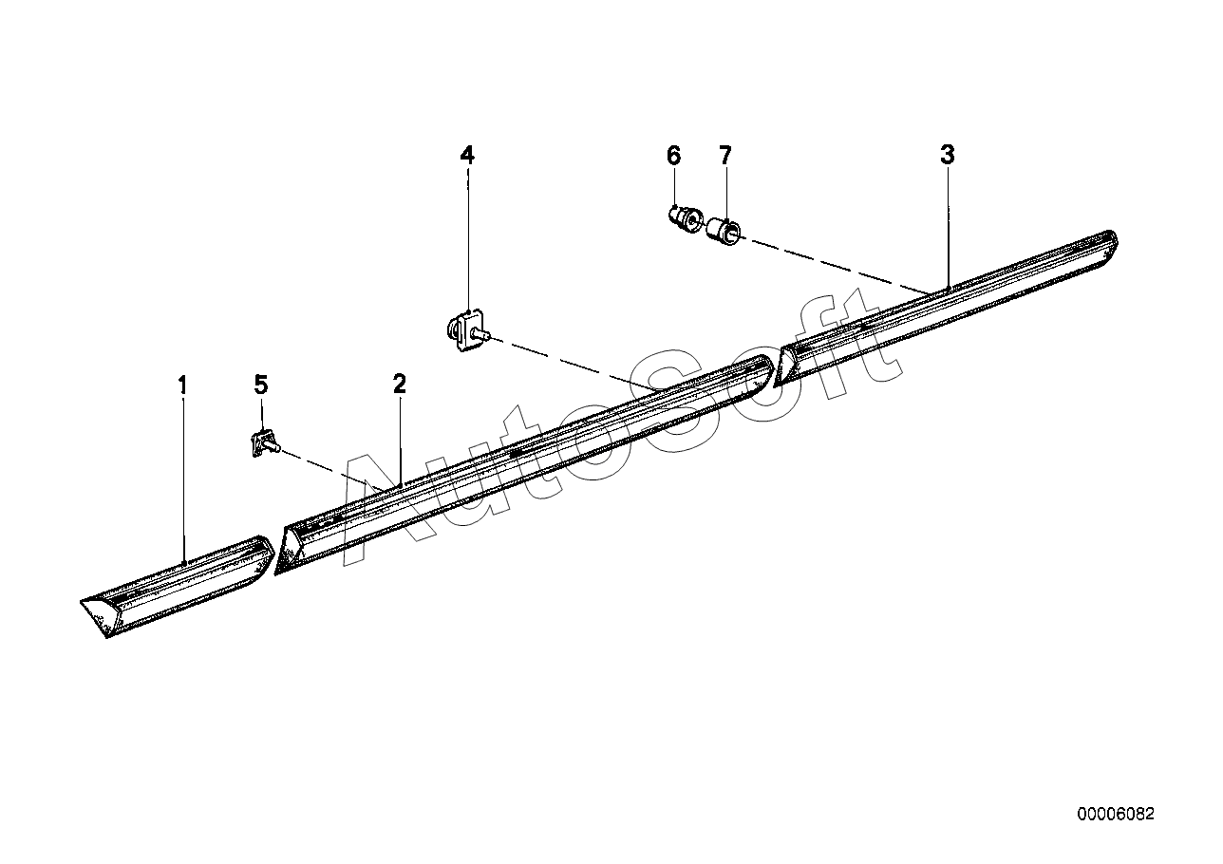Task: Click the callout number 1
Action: [x=182, y=385]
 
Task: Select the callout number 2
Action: [x=400, y=384]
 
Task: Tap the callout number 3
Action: [x=948, y=155]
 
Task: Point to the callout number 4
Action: [x=467, y=155]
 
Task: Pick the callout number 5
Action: [x=261, y=385]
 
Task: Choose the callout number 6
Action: [x=674, y=156]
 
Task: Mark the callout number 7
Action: [x=725, y=156]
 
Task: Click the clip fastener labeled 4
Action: [x=468, y=329]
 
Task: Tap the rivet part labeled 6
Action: [x=686, y=220]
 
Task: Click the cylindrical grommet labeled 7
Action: [x=723, y=232]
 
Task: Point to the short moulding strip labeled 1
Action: [x=178, y=587]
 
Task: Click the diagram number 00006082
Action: [x=1116, y=829]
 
